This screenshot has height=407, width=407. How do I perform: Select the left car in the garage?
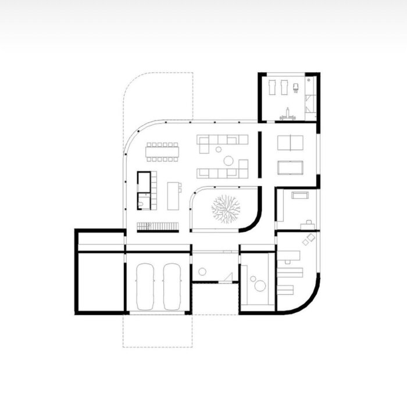(145, 287)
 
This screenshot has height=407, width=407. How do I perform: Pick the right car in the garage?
(172, 287)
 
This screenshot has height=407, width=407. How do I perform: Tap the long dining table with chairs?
(162, 151)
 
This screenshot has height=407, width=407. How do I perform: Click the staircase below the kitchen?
(157, 226)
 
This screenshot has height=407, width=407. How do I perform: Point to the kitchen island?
(173, 195)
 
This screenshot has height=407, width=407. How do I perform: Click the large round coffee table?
(229, 160)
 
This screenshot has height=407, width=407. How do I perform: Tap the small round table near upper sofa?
(219, 149)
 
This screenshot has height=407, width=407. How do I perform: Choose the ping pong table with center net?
(290, 142)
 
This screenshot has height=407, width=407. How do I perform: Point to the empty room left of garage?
(99, 282)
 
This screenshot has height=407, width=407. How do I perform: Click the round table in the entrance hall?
(202, 272)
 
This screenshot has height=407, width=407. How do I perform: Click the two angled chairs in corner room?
(308, 238)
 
